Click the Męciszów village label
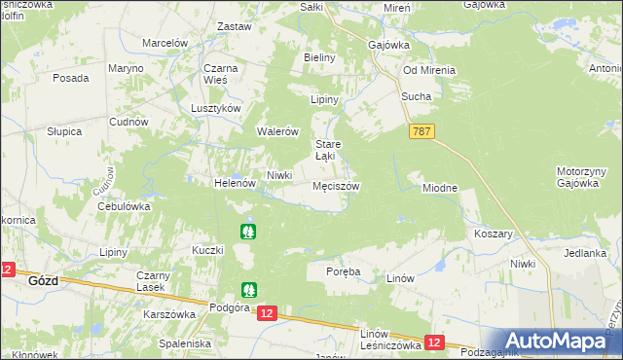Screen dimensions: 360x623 [336, 185]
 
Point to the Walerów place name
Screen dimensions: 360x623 [276, 131]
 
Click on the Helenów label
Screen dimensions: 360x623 [234, 183]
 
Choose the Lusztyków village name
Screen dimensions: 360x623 [216, 109]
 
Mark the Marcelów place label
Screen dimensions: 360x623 [165, 44]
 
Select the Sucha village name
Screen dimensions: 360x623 [416, 97]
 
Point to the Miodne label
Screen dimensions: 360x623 [439, 187]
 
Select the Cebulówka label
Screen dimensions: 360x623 [122, 206]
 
